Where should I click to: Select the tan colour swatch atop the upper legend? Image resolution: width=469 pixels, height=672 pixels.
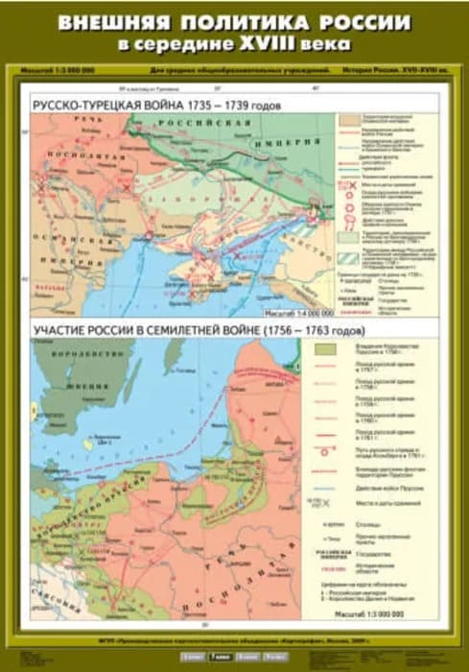346,115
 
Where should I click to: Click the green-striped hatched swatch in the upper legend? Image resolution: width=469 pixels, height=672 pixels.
346,257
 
